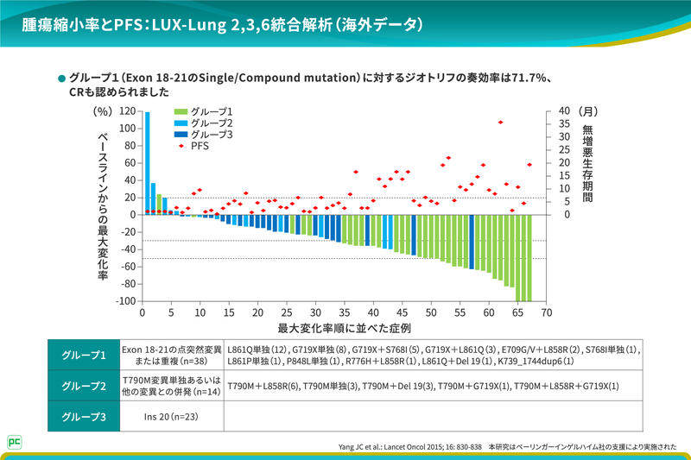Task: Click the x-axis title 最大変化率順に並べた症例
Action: (344, 329)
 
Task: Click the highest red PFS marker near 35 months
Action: (500, 123)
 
